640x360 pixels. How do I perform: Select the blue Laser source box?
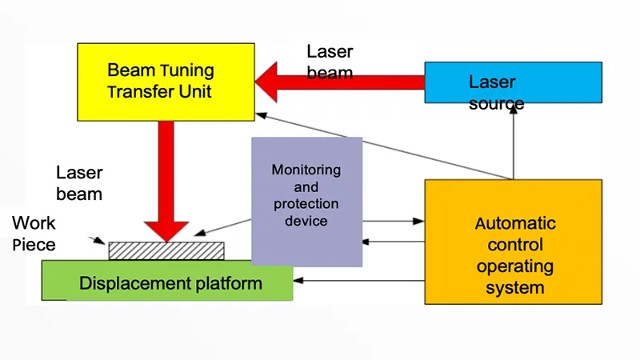[x=513, y=82]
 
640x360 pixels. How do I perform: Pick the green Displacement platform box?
[x=167, y=282]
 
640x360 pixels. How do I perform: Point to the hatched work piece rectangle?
[x=166, y=250]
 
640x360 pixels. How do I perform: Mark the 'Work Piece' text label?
[x=34, y=234]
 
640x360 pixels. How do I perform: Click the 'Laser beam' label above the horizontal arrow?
[x=330, y=62]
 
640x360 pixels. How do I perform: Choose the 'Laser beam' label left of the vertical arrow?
[x=79, y=182]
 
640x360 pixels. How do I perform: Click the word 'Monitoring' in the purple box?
[x=306, y=170]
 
